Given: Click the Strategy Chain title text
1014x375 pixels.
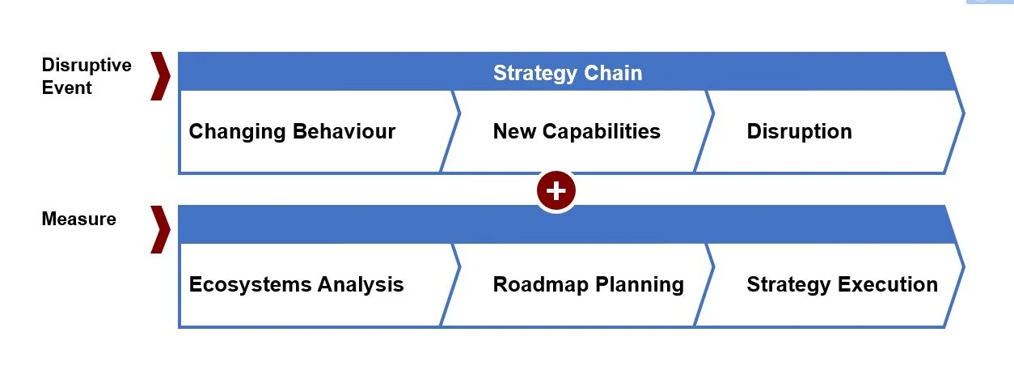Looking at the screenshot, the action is coord(568,73).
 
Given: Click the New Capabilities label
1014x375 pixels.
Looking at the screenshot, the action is coord(577,131).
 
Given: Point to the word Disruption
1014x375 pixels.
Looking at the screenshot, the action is coord(799,131).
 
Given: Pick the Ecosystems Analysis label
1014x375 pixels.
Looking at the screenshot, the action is coord(296,284).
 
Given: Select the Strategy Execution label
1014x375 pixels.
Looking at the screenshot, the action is coord(842,284).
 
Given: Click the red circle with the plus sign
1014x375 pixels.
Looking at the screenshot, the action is coord(556,191).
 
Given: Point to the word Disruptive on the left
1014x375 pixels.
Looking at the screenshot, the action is coord(86,65).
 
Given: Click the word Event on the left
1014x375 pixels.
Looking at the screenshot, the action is coord(67,87).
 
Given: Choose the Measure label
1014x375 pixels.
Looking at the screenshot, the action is coord(78,219).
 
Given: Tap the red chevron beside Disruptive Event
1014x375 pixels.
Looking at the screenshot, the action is coord(161,77).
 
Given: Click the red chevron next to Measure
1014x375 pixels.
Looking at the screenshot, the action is coord(161,229).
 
